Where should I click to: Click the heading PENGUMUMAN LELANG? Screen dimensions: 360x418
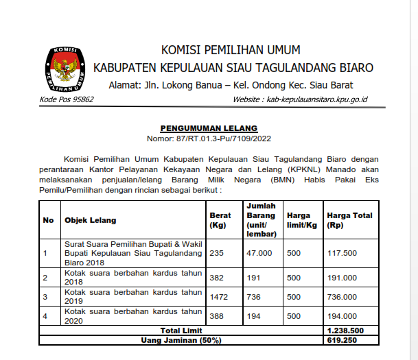(209, 128)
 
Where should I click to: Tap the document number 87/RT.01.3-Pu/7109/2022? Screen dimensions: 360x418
(209, 139)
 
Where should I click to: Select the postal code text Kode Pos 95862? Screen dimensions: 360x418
(67, 99)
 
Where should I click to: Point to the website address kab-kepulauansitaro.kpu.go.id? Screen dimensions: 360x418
(300, 99)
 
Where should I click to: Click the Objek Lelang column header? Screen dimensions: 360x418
(90, 220)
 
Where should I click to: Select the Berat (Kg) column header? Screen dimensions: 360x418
(220, 220)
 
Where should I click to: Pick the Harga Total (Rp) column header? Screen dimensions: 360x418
(349, 220)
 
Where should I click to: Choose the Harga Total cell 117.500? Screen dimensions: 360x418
(342, 253)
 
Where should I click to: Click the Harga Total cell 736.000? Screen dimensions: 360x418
(342, 297)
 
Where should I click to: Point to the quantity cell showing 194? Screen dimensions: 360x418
(253, 316)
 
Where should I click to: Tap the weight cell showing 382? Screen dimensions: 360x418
(217, 278)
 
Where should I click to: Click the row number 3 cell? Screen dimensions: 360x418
(45, 297)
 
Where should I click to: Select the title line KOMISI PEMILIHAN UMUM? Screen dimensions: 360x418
(230, 50)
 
